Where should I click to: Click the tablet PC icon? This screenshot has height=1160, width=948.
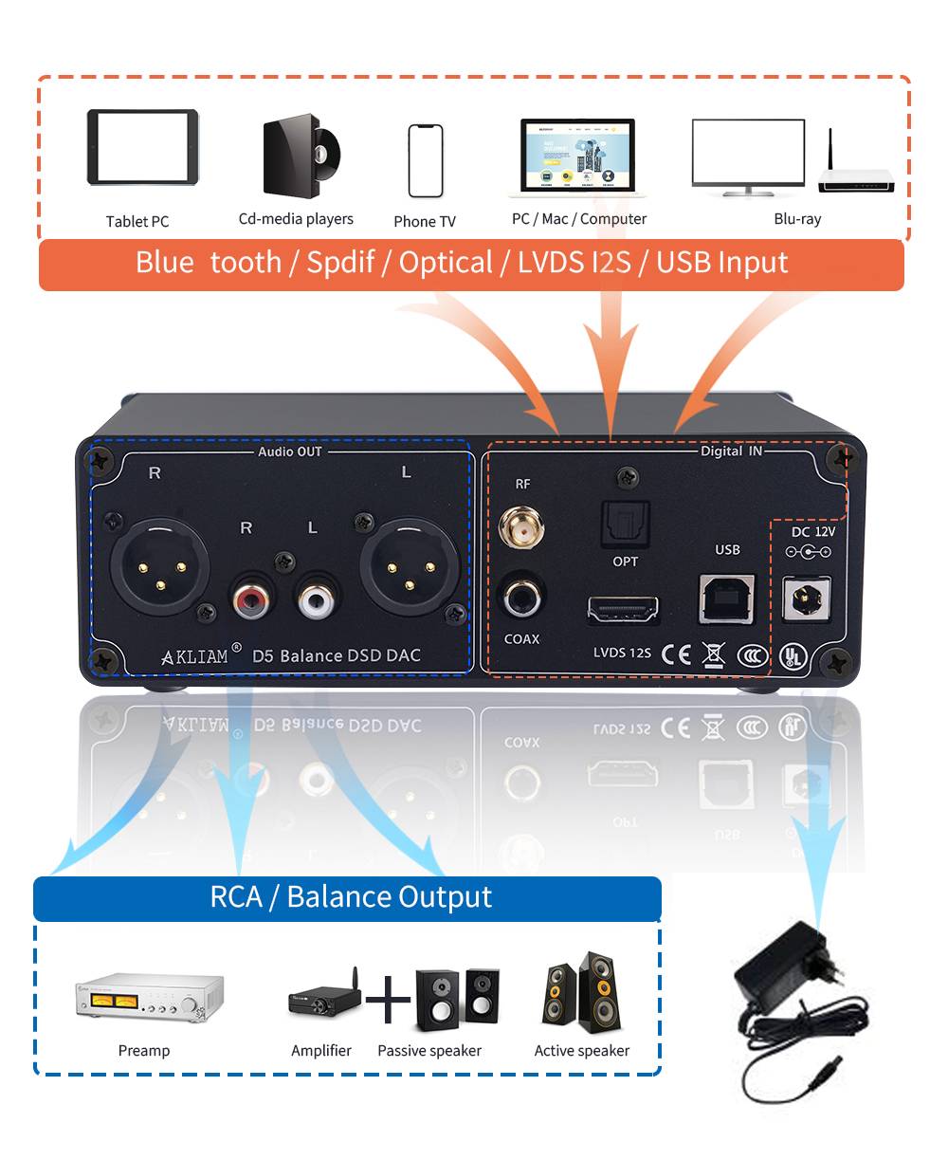click(x=142, y=147)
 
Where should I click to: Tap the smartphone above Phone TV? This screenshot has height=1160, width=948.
click(x=425, y=160)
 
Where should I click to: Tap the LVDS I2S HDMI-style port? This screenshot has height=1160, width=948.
click(x=623, y=610)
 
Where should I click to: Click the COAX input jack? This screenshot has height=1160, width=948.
click(x=520, y=599)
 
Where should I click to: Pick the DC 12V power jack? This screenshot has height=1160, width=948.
click(x=807, y=599)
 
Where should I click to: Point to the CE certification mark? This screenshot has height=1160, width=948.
click(x=676, y=654)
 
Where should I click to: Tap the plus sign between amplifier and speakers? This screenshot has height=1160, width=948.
click(x=389, y=999)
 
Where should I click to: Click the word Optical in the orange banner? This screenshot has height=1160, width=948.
click(x=446, y=263)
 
